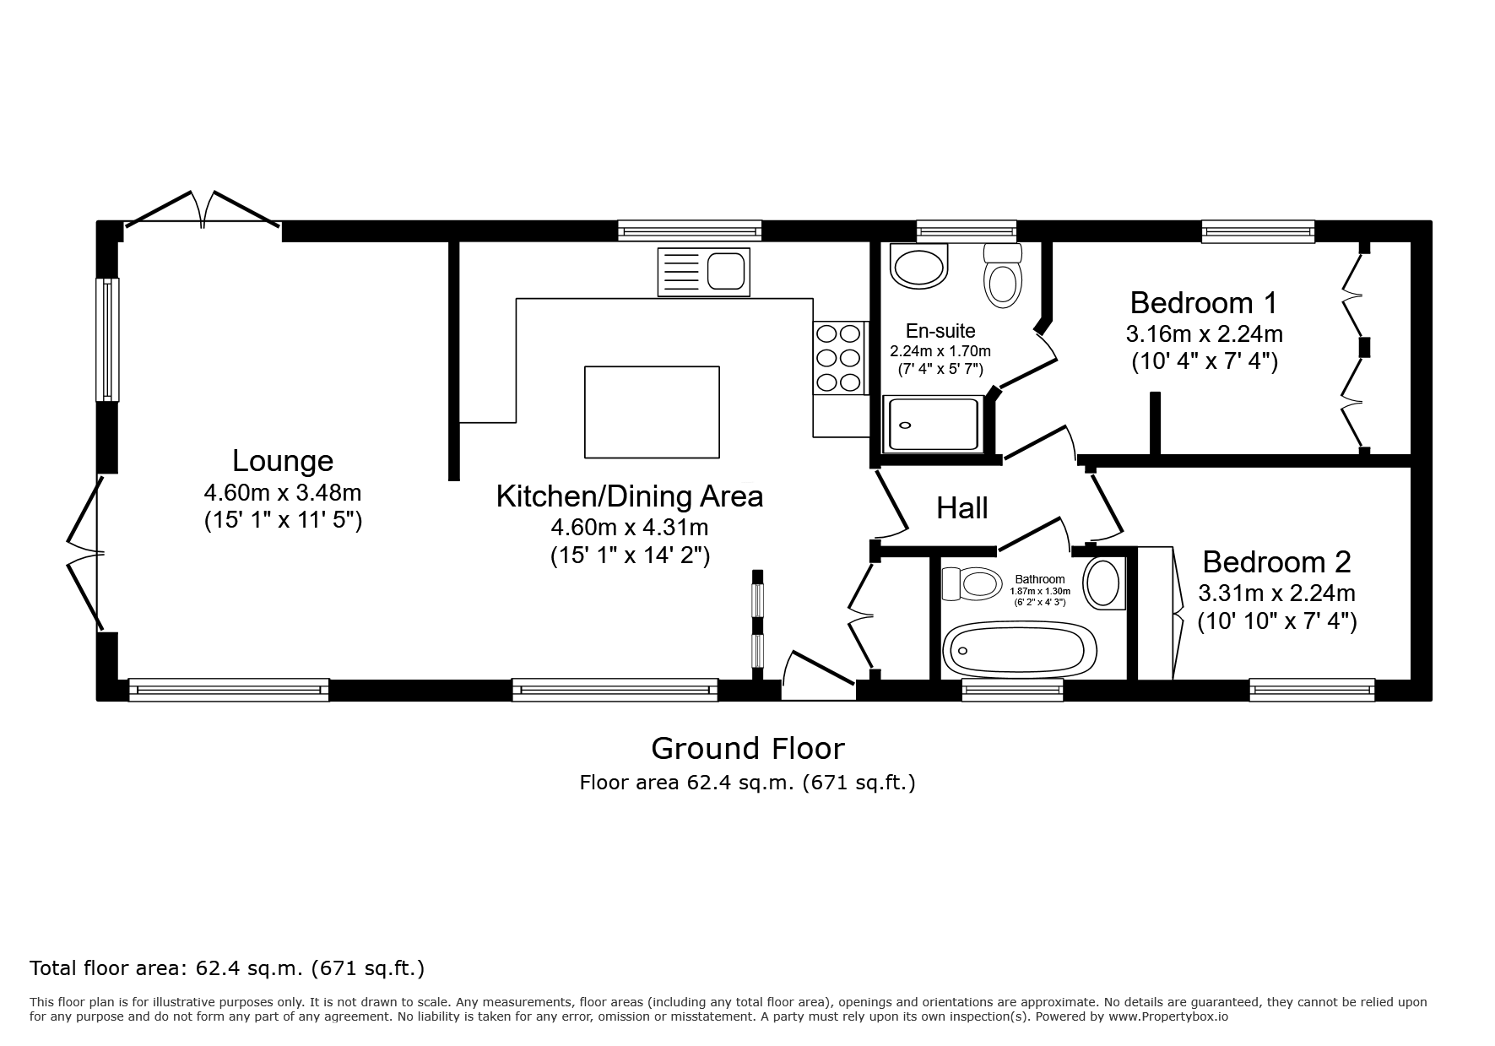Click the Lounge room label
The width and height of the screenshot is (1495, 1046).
[283, 461]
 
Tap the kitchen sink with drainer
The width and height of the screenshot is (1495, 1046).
[703, 272]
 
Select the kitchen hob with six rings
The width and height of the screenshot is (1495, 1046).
[839, 358]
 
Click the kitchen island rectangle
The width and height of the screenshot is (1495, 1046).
[652, 412]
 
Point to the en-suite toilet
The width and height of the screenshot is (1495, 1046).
[1003, 275]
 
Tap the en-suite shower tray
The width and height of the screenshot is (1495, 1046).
[933, 424]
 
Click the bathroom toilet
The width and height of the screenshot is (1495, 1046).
[972, 583]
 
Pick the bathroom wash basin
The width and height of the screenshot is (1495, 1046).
[1104, 583]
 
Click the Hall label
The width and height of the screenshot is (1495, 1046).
[962, 508]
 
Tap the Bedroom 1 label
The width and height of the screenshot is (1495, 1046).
[1204, 302]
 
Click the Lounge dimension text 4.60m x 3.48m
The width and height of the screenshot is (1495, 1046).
[283, 491]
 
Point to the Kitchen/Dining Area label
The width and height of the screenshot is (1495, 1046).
[630, 496]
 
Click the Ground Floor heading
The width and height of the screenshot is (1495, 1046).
[747, 748]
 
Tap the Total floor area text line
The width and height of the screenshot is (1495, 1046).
[227, 967]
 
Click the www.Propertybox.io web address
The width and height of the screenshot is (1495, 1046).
[1167, 1016]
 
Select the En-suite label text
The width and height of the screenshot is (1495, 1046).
[940, 331]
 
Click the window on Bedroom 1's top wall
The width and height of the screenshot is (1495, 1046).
[1258, 231]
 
